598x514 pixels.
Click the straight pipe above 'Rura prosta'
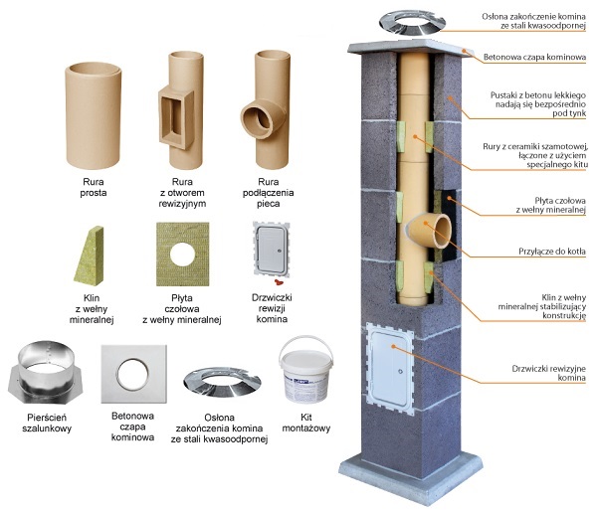[x=97, y=117]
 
